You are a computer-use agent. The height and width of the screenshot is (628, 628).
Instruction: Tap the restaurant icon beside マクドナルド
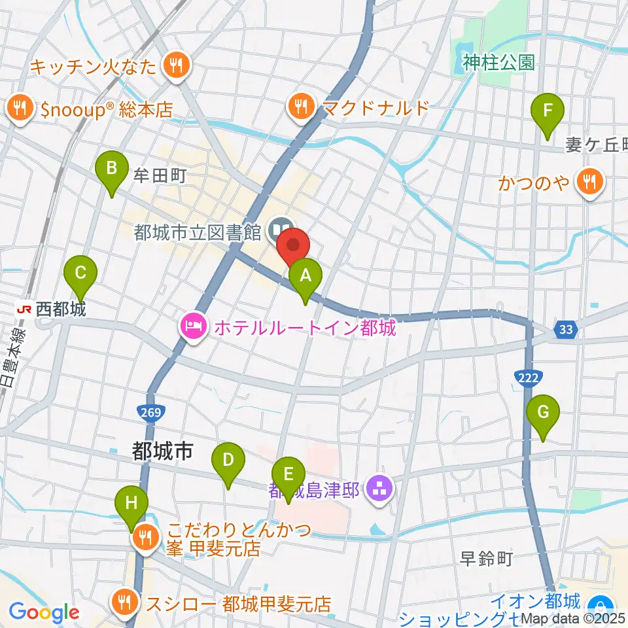click(x=301, y=107)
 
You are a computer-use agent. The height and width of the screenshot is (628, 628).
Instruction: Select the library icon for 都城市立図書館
click(x=281, y=230)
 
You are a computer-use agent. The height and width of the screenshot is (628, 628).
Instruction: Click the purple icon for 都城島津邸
click(x=378, y=487)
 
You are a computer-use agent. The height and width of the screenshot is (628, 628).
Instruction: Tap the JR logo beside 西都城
click(x=24, y=309)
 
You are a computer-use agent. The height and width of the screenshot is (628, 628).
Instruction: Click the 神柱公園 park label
click(x=498, y=62)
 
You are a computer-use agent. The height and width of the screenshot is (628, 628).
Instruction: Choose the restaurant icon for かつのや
click(x=589, y=181)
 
